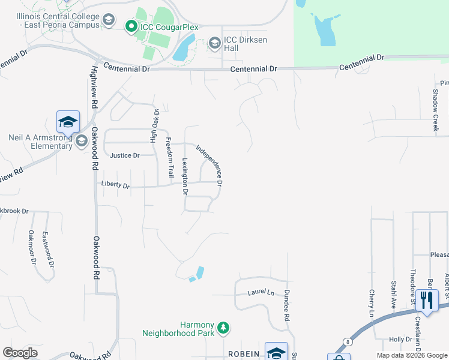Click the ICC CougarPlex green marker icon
[130, 26]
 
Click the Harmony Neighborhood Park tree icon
[223, 328]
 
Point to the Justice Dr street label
[124, 155]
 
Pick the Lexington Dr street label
[185, 177]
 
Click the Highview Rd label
[95, 87]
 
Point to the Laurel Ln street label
[261, 293]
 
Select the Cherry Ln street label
[372, 306]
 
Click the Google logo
[20, 353]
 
